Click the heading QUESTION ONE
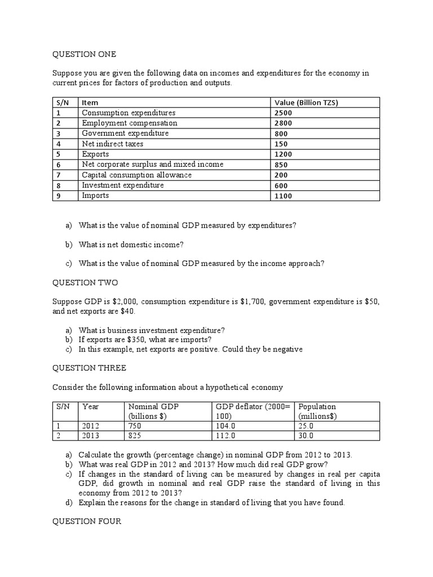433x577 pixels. click(85, 54)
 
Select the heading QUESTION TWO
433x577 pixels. click(85, 283)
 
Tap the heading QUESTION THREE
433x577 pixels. click(89, 368)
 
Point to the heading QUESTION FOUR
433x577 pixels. click(87, 522)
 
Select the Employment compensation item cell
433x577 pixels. click(130, 123)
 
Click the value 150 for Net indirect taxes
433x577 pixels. click(281, 144)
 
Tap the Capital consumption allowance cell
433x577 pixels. click(137, 175)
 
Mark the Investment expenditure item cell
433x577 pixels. click(123, 185)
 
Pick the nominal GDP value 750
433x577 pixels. click(136, 427)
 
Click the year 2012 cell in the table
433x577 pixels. click(91, 427)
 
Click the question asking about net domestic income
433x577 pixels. click(131, 244)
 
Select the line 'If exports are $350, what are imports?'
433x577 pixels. click(145, 340)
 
